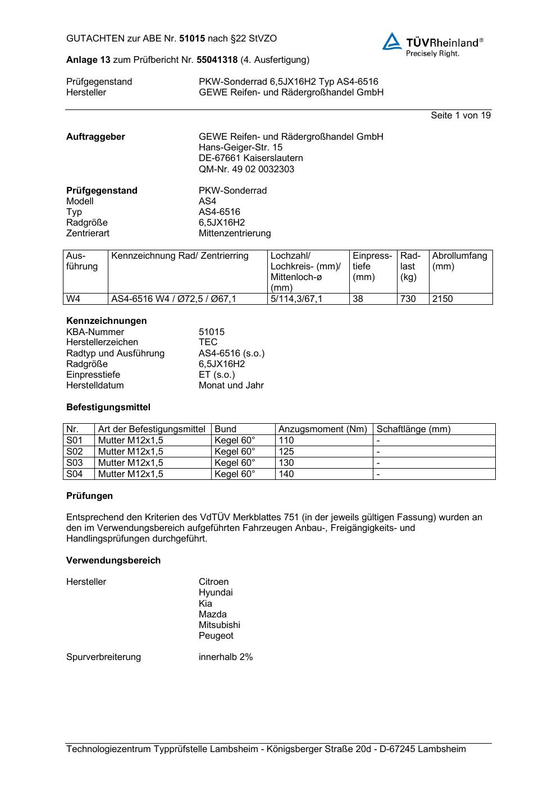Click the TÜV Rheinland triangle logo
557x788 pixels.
392,42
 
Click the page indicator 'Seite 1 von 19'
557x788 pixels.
460,115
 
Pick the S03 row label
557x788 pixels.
74,462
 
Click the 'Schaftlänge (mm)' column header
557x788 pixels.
413,429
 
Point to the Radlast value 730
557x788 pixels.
408,299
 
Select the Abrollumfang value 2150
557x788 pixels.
442,299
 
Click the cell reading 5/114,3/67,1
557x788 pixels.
296,299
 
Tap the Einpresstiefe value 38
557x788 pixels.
358,299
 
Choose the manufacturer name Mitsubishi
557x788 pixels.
219,625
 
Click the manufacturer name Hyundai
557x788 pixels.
216,592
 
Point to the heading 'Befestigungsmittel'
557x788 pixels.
108,407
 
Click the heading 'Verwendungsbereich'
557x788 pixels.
113,560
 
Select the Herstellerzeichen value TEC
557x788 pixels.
208,342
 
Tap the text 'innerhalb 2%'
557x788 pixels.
226,657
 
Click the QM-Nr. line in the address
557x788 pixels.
246,169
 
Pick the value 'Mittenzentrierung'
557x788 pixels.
235,233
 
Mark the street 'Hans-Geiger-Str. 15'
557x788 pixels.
241,147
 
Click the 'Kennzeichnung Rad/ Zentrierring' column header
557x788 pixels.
180,256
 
